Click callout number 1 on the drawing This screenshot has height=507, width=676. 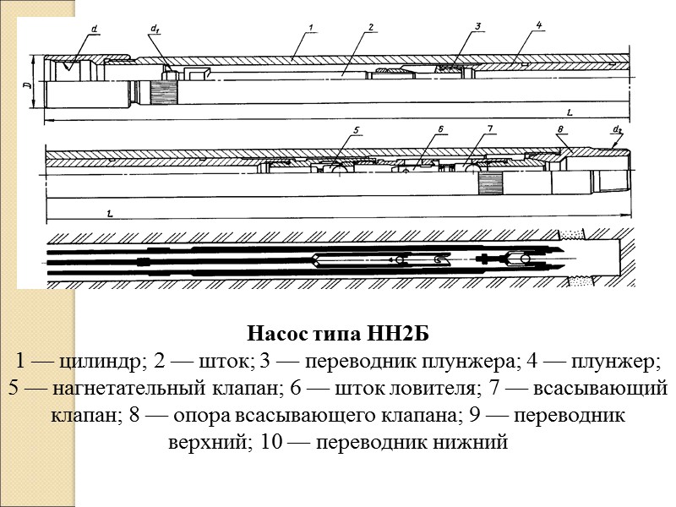click(x=312, y=30)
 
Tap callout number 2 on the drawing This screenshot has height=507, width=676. click(x=371, y=29)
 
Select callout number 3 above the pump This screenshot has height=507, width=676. click(x=477, y=26)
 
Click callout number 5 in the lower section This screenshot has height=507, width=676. click(x=357, y=130)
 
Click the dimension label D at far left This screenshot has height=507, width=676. click(x=27, y=84)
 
